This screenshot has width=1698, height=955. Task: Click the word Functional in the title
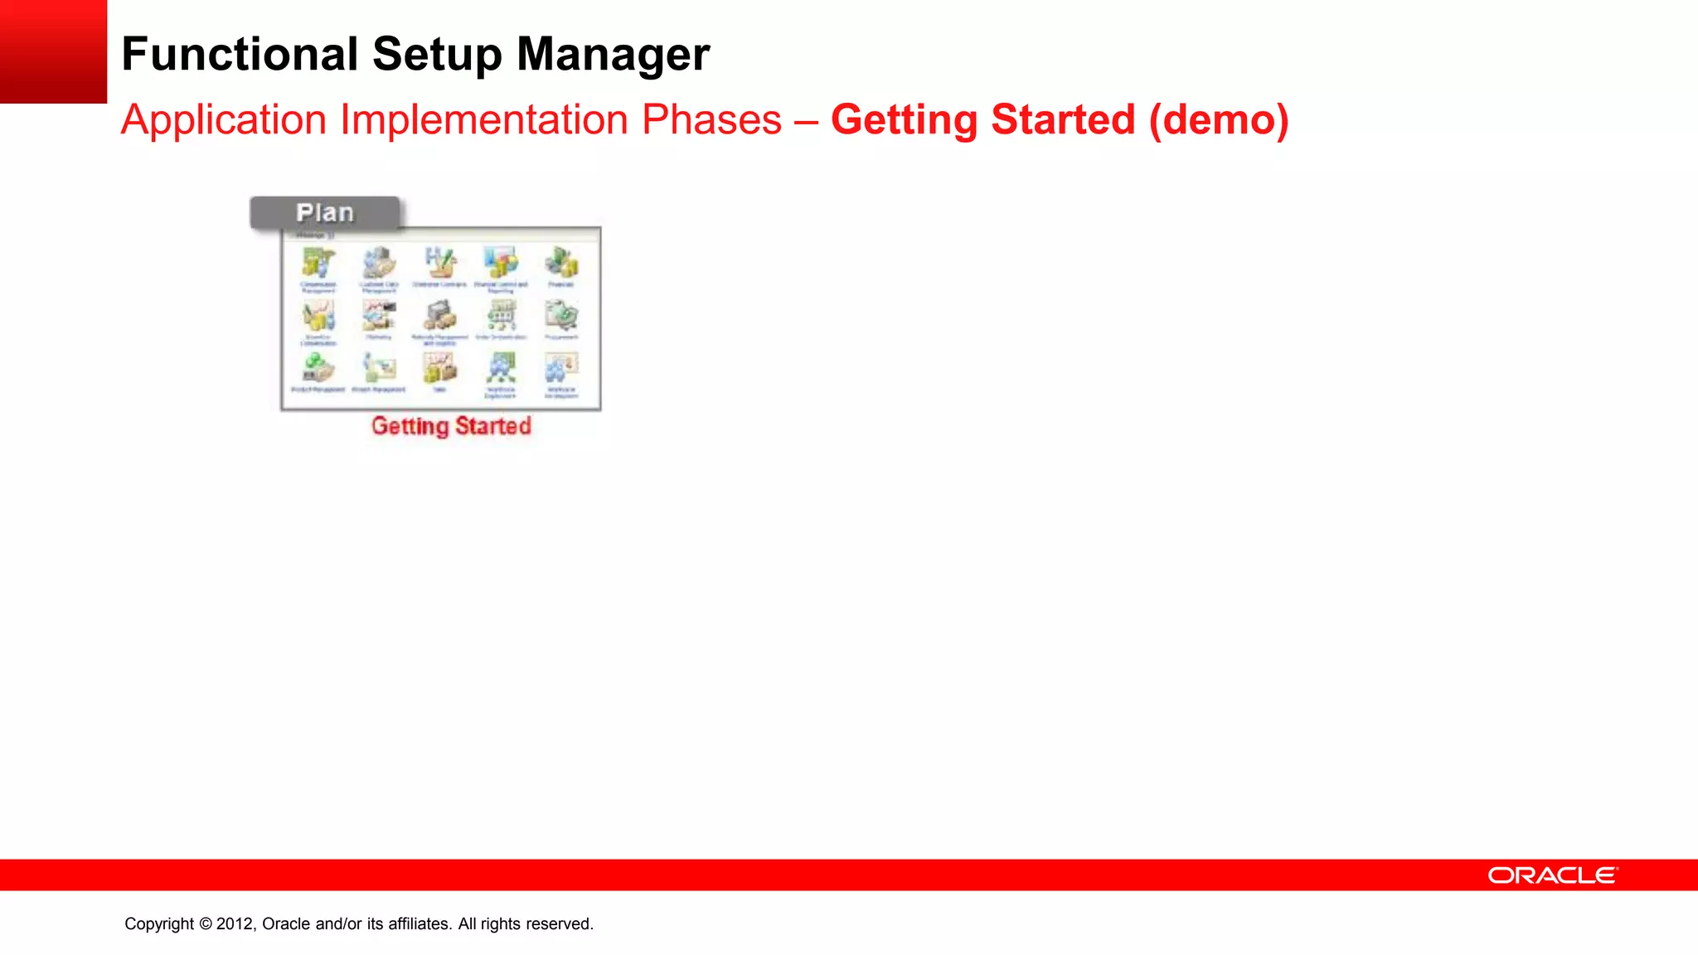pos(240,55)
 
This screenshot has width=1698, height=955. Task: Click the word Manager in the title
pos(613,55)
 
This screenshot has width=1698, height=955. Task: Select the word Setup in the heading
pos(437,55)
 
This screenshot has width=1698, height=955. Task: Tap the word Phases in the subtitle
pos(711,120)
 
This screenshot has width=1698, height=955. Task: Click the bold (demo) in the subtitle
pos(1218,120)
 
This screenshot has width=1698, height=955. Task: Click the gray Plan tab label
pos(325,213)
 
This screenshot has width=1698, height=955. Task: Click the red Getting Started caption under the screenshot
pos(451,426)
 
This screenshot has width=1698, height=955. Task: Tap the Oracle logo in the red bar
pos(1552,875)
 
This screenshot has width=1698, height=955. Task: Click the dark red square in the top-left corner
pos(53,51)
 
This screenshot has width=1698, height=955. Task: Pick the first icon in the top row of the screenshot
pos(318,264)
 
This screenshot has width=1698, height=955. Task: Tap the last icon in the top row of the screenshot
pos(561,264)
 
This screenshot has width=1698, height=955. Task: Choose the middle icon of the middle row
pos(440,317)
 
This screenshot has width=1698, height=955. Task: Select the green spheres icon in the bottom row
pos(318,368)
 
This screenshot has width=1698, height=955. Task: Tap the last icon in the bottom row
pos(561,368)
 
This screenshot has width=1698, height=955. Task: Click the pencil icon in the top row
pos(440,264)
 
